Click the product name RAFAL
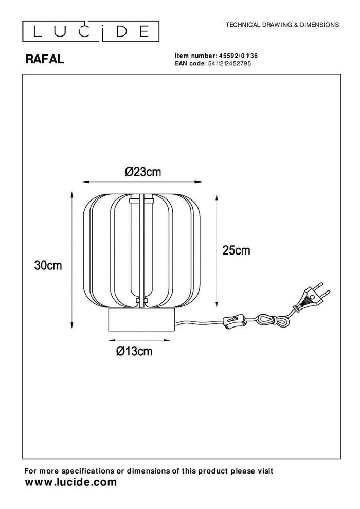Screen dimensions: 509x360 [x=45, y=60]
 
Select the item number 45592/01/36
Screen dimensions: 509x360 [x=236, y=55]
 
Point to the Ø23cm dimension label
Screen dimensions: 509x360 [x=143, y=172]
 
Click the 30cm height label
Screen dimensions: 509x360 [x=48, y=265]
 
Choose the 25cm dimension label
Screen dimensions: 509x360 [x=236, y=250]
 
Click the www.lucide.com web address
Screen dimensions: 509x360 [x=71, y=482]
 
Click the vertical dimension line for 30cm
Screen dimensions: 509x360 [x=71, y=261]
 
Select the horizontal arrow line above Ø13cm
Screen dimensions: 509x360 [x=140, y=340]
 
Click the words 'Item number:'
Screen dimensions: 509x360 [x=194, y=55]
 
